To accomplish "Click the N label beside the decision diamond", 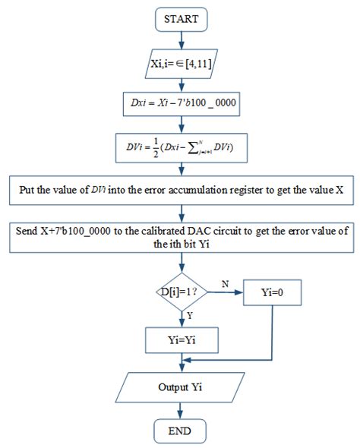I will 225,282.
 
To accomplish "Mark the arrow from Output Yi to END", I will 181,411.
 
